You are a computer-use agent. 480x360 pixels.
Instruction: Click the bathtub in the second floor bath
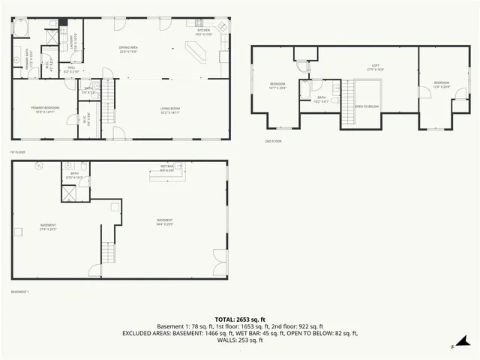tap(306, 90)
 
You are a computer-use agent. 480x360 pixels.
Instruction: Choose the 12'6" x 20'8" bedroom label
tap(441, 84)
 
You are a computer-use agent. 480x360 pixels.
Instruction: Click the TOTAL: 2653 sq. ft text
tap(239, 319)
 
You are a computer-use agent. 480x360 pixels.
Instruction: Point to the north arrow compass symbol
tap(453, 346)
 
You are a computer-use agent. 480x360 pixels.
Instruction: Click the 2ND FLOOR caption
tap(272, 141)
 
